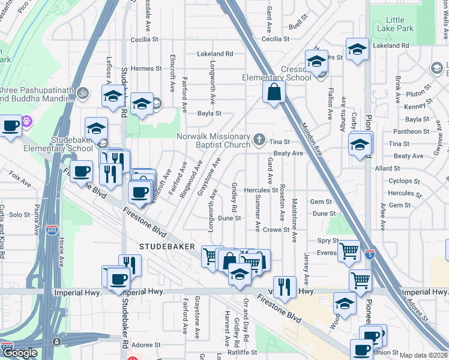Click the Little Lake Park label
396,24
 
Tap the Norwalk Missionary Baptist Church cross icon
259,140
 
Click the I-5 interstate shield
370,254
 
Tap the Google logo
20,353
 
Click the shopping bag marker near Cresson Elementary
274,93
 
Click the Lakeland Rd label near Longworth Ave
215,54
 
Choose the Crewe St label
277,230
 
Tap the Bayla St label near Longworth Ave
209,113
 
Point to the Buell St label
298,26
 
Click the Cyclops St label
400,181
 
